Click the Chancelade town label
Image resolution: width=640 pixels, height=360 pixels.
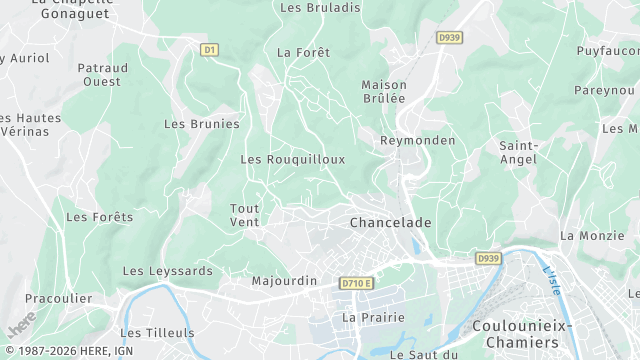click(x=391, y=222)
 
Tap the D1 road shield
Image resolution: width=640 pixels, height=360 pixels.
click(x=209, y=49)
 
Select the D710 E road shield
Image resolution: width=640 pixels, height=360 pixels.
click(x=356, y=283)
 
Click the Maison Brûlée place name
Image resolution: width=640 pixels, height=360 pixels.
click(x=384, y=91)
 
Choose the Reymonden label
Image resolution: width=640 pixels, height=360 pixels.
click(x=417, y=141)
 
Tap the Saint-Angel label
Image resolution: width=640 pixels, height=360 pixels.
click(x=519, y=153)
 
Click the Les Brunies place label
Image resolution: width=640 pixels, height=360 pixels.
click(x=202, y=124)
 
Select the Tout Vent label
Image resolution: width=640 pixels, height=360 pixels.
click(x=245, y=214)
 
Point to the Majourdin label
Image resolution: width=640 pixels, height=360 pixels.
click(x=284, y=281)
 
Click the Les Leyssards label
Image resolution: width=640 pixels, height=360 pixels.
click(x=167, y=271)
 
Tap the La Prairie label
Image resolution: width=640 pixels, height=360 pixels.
click(x=373, y=317)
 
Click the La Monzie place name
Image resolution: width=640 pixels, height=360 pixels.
click(x=592, y=236)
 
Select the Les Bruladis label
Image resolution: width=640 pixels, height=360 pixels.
click(x=320, y=7)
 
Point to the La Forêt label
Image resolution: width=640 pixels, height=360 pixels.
click(x=303, y=52)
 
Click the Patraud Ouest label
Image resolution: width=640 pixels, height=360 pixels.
click(x=102, y=75)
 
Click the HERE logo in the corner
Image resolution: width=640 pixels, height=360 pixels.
click(x=19, y=328)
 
